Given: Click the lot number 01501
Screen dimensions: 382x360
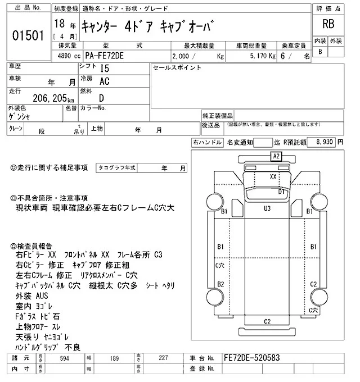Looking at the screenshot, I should click(28, 35).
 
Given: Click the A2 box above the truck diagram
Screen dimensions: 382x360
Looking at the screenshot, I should click(276, 157).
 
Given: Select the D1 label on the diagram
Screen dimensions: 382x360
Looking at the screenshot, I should click(283, 192).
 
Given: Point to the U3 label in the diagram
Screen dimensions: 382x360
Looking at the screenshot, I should click(267, 209).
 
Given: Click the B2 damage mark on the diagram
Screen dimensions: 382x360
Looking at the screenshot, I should click(221, 284).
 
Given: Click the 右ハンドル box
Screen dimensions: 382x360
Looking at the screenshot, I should click(206, 143).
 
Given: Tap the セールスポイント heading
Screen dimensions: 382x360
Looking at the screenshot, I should click(177, 68).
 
